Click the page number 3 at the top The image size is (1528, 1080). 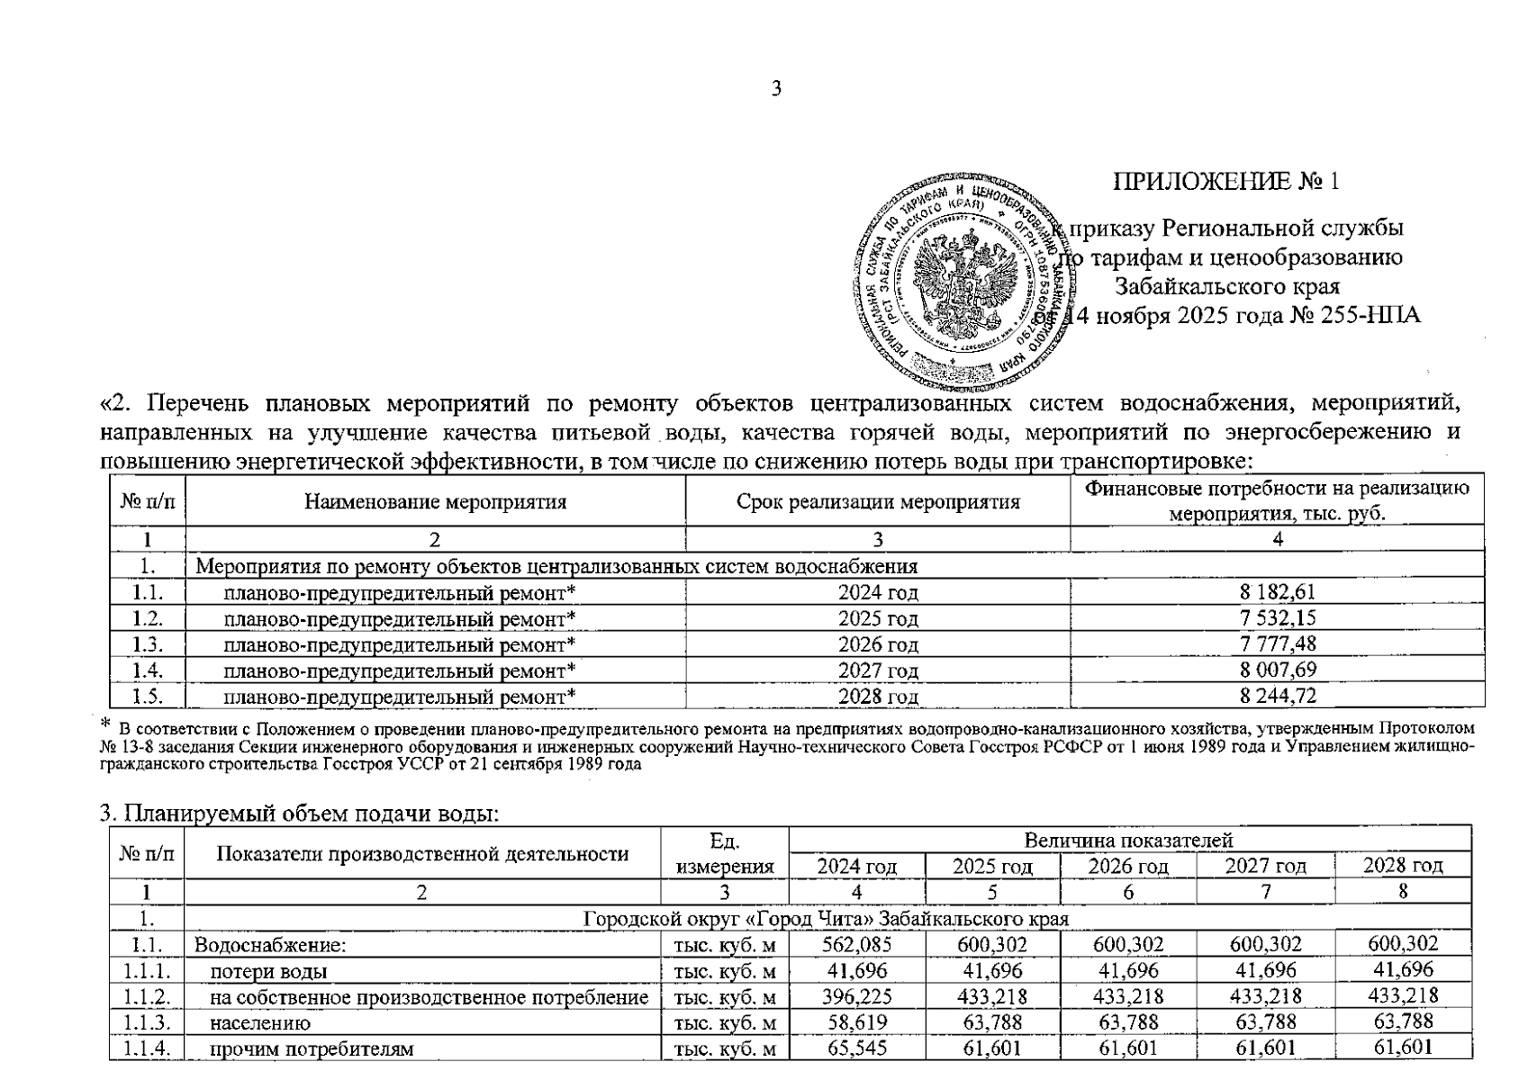pyautogui.click(x=776, y=88)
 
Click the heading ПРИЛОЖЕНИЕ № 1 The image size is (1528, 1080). pyautogui.click(x=1226, y=182)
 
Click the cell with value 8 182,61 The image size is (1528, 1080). pyautogui.click(x=1277, y=592)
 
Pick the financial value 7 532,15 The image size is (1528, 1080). pyautogui.click(x=1277, y=618)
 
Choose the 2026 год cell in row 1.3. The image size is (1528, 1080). pyautogui.click(x=877, y=644)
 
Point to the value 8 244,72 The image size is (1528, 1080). pyautogui.click(x=1277, y=696)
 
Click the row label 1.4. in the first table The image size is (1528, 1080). pyautogui.click(x=148, y=670)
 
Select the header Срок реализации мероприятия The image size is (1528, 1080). pyautogui.click(x=877, y=501)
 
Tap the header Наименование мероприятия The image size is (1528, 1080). pyautogui.click(x=435, y=501)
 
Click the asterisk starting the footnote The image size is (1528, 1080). pyautogui.click(x=104, y=724)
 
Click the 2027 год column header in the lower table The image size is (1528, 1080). pyautogui.click(x=1265, y=866)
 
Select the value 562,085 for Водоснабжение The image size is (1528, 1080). pyautogui.click(x=855, y=944)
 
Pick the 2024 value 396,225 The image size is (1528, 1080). pyautogui.click(x=855, y=996)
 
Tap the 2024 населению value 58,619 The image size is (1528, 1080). pyautogui.click(x=855, y=1022)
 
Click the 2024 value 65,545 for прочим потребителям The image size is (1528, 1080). pyautogui.click(x=855, y=1048)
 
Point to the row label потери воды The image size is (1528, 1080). pyautogui.click(x=268, y=971)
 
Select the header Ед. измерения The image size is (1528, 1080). pyautogui.click(x=724, y=853)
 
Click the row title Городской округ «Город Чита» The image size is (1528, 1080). pyautogui.click(x=826, y=919)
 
